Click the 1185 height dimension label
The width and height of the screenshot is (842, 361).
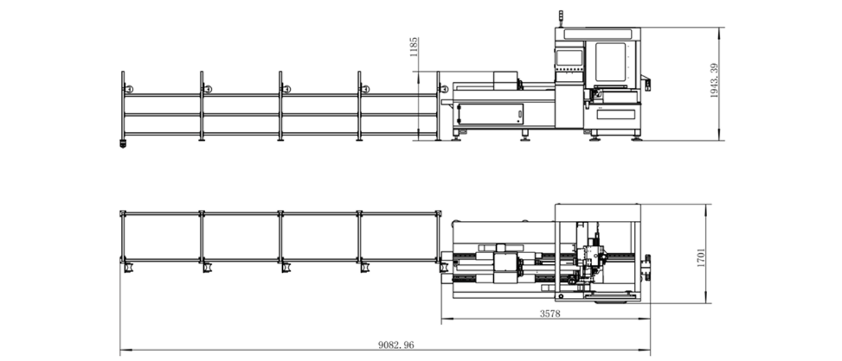tap(414, 47)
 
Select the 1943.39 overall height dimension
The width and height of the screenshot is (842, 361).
tap(714, 80)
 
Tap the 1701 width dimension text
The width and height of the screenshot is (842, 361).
tap(701, 258)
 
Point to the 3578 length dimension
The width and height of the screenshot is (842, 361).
tap(550, 314)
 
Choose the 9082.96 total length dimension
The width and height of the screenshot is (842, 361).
tap(396, 345)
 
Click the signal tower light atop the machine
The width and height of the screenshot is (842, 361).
tap(560, 18)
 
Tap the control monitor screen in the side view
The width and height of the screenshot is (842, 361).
tap(569, 58)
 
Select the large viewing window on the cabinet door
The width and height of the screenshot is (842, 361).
tap(610, 62)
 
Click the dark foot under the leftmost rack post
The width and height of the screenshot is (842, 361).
tap(122, 143)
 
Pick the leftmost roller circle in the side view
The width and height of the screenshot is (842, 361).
tap(129, 89)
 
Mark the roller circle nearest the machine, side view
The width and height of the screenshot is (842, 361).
tap(444, 89)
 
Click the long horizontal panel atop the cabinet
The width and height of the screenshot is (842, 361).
tap(598, 34)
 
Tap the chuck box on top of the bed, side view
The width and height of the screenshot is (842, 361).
tap(505, 81)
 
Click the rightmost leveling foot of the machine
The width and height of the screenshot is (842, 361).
tap(636, 138)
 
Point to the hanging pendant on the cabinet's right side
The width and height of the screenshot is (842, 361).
tap(647, 85)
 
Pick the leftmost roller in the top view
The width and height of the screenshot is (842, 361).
tap(129, 268)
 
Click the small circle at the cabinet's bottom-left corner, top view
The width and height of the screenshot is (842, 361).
tap(561, 297)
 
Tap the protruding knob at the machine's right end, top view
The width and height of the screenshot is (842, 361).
tap(648, 268)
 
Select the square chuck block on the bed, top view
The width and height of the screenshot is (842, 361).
tap(505, 263)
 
